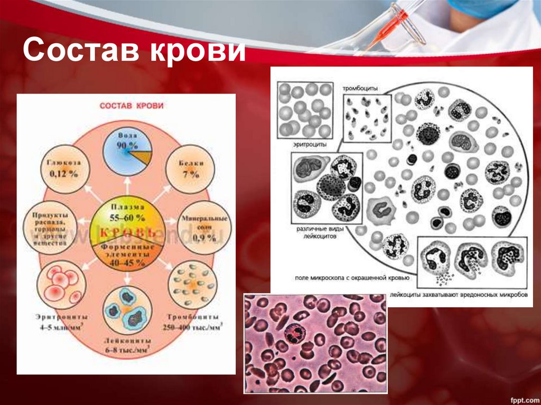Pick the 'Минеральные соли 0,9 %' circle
coord(204,227)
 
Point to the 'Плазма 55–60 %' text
coord(126,210)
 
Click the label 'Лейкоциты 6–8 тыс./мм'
coord(126,345)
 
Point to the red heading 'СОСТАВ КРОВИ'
coord(132,106)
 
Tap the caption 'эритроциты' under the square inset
coord(305,145)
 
